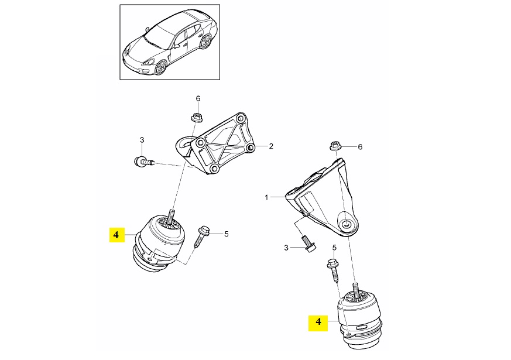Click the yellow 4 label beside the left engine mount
(116, 234)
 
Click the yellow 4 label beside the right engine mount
(318, 321)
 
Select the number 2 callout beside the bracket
(271, 146)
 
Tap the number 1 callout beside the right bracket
(266, 197)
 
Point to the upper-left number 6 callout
(198, 98)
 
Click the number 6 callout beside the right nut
(360, 147)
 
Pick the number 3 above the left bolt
(142, 140)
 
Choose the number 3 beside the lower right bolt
(286, 248)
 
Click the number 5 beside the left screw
(226, 234)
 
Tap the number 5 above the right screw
(334, 248)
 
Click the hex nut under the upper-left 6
(197, 117)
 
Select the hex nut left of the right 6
(334, 145)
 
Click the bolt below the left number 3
(144, 161)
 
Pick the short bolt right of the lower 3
(308, 244)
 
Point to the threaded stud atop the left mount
(171, 217)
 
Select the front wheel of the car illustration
(160, 67)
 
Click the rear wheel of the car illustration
(205, 42)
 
